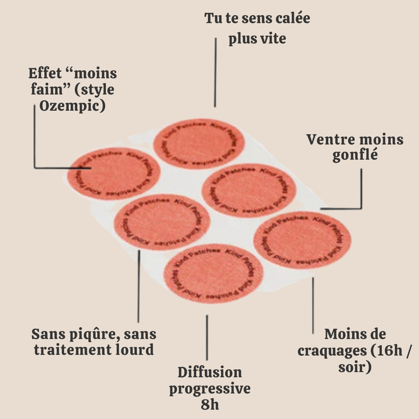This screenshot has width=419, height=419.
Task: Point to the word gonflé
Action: coord(355,155)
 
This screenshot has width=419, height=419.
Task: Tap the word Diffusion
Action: coord(210,372)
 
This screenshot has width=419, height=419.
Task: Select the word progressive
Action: coord(210,389)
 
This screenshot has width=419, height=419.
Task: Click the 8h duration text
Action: coord(210,405)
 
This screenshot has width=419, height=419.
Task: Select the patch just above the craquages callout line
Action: coord(302,240)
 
